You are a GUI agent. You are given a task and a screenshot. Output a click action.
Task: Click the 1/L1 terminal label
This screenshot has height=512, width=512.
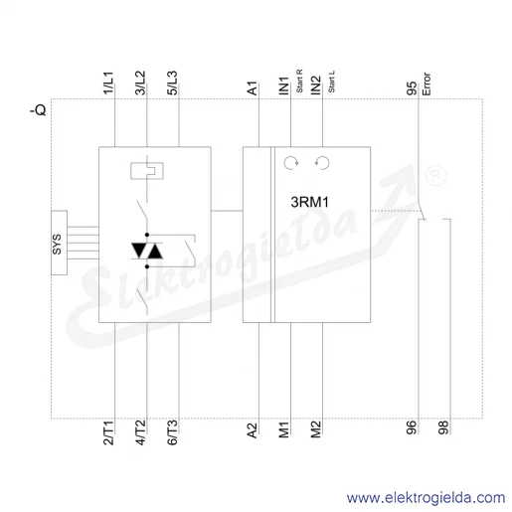(108, 83)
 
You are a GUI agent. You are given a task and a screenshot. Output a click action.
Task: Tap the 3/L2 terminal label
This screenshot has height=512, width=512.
(140, 83)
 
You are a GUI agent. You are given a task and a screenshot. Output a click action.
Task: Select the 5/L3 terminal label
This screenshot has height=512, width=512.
(172, 83)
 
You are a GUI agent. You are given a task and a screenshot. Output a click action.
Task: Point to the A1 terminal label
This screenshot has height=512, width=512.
(253, 88)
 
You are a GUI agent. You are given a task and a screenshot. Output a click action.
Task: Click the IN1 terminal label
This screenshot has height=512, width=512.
(284, 85)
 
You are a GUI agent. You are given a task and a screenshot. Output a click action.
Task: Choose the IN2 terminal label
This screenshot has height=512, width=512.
(316, 85)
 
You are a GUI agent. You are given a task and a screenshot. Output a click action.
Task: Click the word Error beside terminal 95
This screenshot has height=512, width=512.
(427, 85)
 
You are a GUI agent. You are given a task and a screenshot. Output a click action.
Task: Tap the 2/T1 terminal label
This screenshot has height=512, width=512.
(108, 432)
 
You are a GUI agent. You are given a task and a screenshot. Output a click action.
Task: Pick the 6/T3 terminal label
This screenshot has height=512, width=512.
(172, 432)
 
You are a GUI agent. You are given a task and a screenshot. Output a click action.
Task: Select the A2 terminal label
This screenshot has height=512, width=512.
(253, 430)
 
